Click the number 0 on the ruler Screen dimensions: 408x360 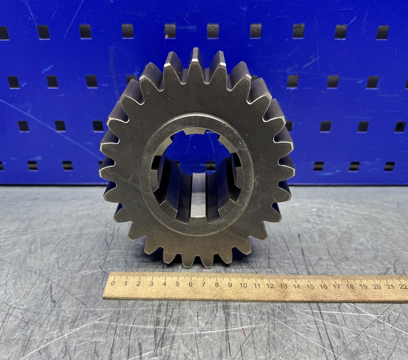click(113, 283)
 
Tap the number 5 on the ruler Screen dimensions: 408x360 click(178, 284)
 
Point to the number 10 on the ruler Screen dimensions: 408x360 click(243, 285)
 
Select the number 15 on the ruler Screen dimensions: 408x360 click(310, 286)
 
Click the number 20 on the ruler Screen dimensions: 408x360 click(377, 287)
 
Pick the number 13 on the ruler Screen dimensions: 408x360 click(283, 286)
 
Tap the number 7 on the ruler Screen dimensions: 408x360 click(204, 284)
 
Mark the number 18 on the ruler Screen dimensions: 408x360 click(350, 287)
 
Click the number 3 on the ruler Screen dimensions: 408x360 click(151, 284)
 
